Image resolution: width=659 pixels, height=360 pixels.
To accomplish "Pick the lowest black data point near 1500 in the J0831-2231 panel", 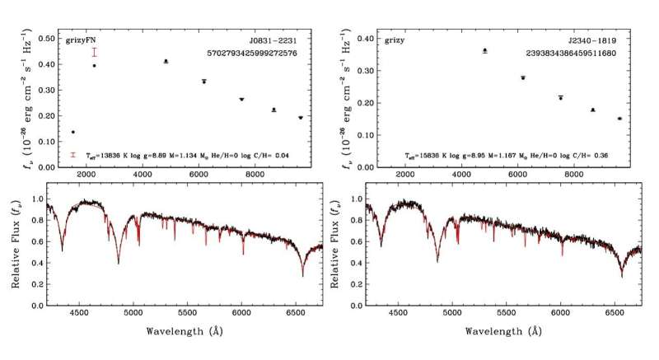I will click(72, 132).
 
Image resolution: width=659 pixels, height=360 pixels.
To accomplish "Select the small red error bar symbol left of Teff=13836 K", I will click(72, 154).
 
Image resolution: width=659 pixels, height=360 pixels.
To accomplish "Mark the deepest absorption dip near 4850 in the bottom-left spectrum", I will click(119, 263).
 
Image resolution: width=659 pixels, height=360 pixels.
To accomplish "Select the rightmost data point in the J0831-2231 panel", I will click(300, 118).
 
